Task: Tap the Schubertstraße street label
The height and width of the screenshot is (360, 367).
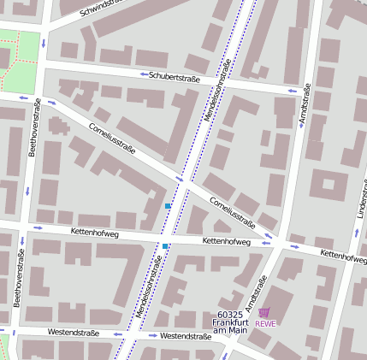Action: [174, 76]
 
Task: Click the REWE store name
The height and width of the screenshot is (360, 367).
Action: [265, 323]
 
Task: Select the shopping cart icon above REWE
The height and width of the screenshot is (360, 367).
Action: [264, 313]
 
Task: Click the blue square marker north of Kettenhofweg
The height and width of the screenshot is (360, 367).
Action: [168, 206]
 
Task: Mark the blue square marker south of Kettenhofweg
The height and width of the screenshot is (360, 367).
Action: [165, 246]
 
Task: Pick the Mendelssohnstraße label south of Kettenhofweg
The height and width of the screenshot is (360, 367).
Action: [147, 286]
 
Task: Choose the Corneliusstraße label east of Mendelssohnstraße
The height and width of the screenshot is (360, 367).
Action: [232, 211]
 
